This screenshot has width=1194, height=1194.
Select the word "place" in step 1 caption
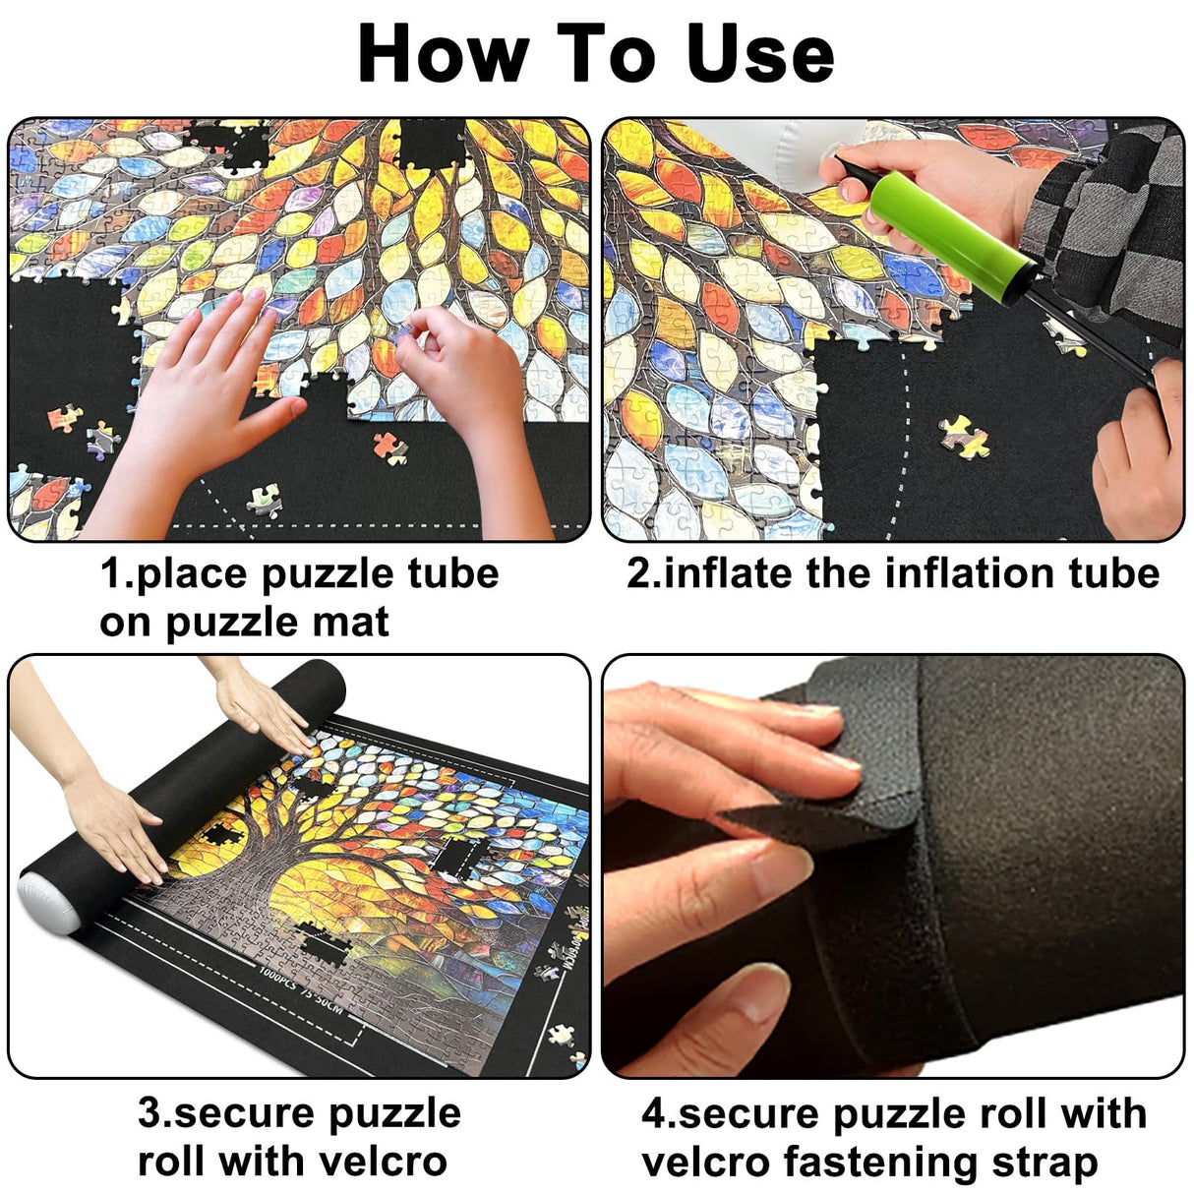(192, 573)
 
